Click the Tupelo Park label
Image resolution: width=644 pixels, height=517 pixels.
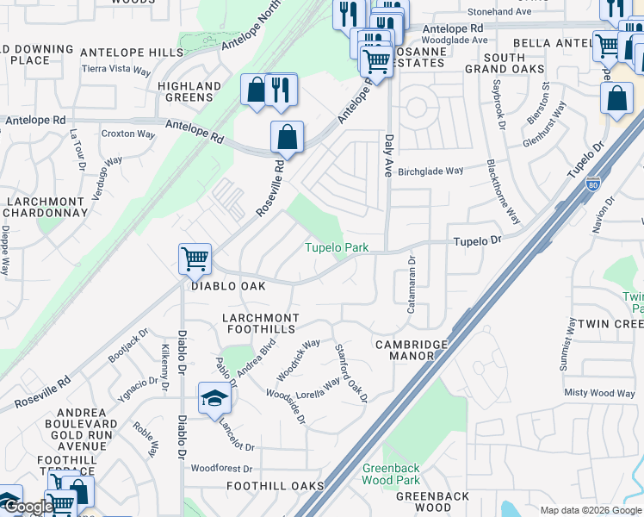click(337, 248)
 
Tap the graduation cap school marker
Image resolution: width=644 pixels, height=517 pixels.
click(214, 398)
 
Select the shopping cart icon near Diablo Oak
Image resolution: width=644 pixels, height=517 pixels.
click(195, 258)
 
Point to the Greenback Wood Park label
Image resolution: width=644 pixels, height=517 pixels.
click(391, 475)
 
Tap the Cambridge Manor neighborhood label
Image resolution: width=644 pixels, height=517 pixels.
click(412, 350)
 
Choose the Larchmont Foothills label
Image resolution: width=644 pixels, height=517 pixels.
click(261, 324)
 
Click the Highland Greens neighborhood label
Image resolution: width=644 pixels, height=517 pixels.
click(189, 91)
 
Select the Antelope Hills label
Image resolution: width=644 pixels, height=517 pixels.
click(126, 53)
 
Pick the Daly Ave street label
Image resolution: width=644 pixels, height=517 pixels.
click(389, 150)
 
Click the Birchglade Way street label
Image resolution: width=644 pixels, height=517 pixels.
click(430, 171)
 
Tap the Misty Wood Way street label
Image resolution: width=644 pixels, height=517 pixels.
click(599, 393)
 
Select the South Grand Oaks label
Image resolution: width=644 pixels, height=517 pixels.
click(505, 62)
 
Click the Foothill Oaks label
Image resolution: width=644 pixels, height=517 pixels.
click(275, 486)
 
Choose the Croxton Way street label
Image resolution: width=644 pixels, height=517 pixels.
click(128, 134)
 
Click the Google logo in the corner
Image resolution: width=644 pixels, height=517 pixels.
click(28, 508)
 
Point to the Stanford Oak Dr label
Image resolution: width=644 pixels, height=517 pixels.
click(350, 373)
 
